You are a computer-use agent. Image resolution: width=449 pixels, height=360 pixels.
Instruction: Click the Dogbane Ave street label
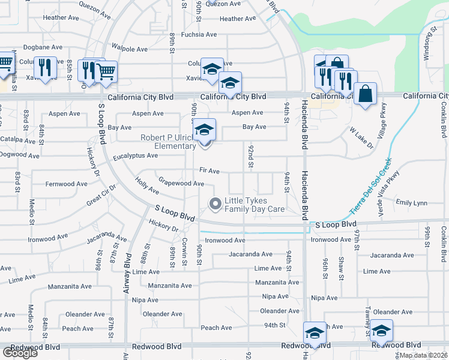(x=43, y=47)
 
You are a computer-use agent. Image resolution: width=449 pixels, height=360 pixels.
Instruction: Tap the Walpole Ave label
(x=130, y=49)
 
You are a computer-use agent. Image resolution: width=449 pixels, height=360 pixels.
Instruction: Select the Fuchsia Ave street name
(x=199, y=34)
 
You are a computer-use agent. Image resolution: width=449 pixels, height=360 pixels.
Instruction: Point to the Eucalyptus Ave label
(x=135, y=155)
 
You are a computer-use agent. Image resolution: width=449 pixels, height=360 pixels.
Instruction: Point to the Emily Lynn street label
(x=412, y=203)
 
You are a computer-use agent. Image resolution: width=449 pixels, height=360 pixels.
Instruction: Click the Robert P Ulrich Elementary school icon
(x=204, y=130)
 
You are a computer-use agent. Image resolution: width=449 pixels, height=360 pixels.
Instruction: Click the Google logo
(x=20, y=353)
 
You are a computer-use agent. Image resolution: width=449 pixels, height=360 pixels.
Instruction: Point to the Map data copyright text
(x=423, y=355)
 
